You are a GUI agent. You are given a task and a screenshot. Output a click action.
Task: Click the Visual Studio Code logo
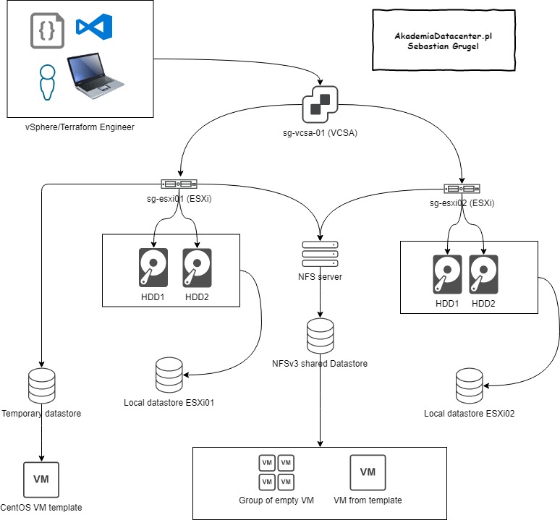point(95,27)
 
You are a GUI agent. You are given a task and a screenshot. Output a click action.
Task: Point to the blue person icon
point(48,82)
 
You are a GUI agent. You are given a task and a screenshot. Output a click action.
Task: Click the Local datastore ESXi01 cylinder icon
point(170,373)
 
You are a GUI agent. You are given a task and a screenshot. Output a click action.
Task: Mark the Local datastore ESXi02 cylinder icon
point(470,388)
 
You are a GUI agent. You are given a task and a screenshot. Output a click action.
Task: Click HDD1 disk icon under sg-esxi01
point(153,268)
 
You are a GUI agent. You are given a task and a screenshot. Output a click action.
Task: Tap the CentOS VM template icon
point(41,478)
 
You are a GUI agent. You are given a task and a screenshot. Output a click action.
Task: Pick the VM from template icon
point(368,472)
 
